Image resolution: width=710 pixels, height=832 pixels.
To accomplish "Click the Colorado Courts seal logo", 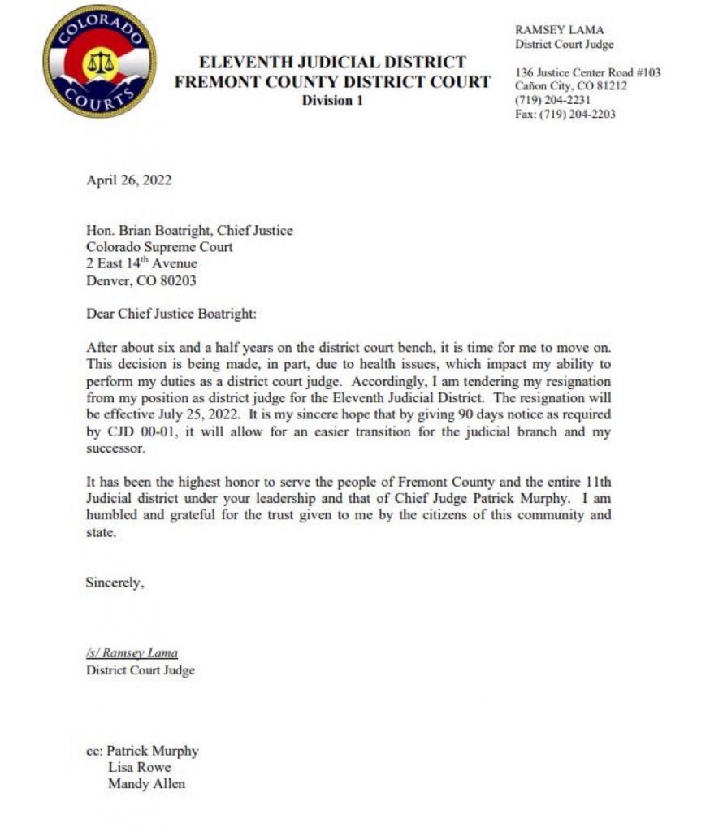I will click(x=99, y=62).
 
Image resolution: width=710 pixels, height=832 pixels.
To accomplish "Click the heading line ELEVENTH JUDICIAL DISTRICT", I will click(x=332, y=63).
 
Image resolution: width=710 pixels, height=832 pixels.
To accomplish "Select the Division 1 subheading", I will click(x=332, y=100).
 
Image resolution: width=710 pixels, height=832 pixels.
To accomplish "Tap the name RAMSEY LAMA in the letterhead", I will click(x=560, y=30).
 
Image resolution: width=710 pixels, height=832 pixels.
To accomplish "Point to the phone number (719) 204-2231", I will click(x=552, y=100).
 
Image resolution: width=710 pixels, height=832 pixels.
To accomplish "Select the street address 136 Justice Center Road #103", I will click(x=587, y=72).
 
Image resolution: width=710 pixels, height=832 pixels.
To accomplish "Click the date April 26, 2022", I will click(x=128, y=180).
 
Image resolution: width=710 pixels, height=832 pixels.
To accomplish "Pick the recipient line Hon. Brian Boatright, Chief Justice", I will click(x=189, y=231).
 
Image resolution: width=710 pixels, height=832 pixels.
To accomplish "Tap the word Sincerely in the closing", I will click(x=115, y=582).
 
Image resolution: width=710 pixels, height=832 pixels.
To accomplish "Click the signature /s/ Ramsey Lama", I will click(x=131, y=653).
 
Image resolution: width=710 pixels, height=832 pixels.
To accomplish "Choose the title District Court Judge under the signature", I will click(x=140, y=670).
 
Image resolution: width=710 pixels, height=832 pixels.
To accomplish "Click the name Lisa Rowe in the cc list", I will click(x=139, y=767).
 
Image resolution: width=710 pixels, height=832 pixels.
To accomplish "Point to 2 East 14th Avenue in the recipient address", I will click(x=141, y=264).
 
